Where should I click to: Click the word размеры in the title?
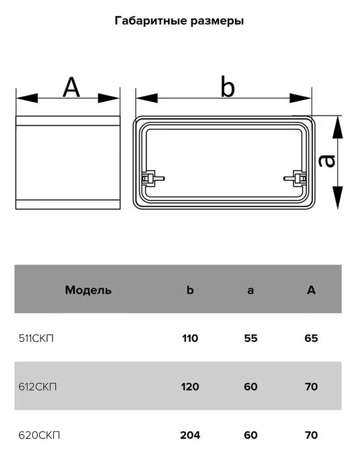(x=217, y=21)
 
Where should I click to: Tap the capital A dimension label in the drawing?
(x=71, y=87)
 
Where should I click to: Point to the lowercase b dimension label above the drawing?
(x=227, y=87)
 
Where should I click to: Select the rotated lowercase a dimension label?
(x=327, y=161)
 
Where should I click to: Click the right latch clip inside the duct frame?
(x=295, y=178)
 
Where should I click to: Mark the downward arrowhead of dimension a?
(x=338, y=198)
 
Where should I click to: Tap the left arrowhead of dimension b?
(x=147, y=98)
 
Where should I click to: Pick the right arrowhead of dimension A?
(x=109, y=98)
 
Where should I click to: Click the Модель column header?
(x=89, y=290)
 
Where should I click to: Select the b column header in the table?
(x=190, y=290)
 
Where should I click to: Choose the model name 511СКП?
(x=36, y=339)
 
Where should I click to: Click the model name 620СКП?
(x=39, y=435)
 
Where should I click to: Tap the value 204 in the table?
(x=190, y=435)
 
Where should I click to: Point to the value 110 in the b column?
(x=190, y=339)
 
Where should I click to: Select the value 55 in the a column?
(x=251, y=339)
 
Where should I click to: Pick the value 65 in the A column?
(x=311, y=339)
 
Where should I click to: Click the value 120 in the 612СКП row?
(x=190, y=387)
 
